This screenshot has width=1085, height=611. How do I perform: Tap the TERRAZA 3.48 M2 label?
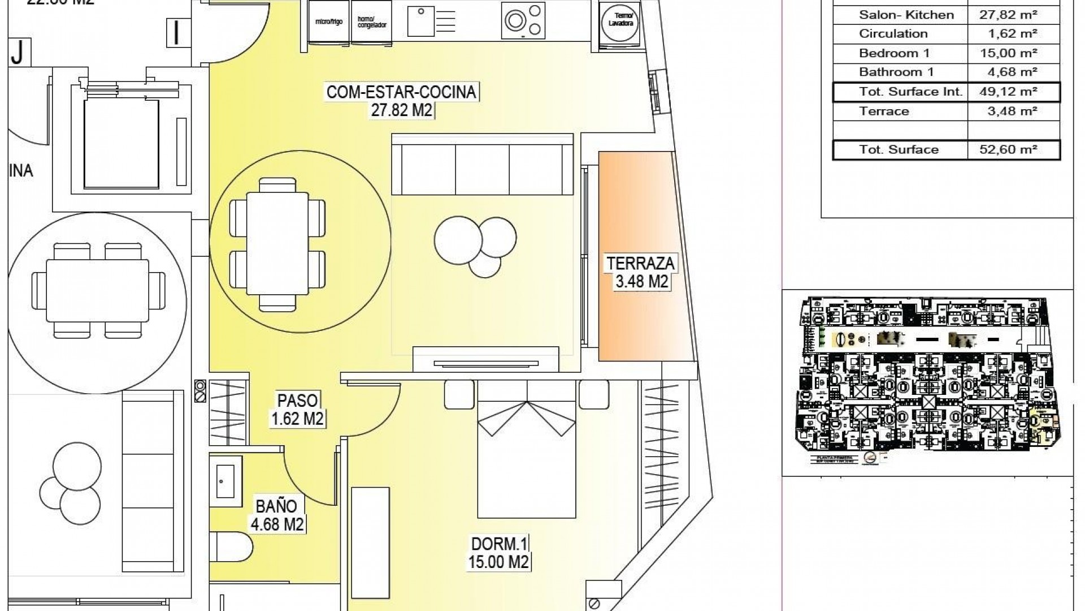click(x=641, y=272)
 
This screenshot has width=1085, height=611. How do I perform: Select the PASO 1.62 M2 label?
click(x=297, y=409)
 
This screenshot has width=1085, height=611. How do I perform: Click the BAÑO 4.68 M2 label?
click(x=277, y=514)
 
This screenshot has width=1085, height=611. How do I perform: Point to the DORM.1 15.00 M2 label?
click(x=499, y=553)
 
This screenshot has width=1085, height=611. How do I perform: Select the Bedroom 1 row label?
click(x=894, y=53)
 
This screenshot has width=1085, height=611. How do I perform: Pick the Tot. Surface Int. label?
click(x=910, y=92)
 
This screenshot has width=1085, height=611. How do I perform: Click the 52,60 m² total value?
click(x=1014, y=150)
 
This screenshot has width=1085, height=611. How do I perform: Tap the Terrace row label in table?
click(x=884, y=111)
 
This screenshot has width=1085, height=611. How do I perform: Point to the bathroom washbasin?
click(x=226, y=482)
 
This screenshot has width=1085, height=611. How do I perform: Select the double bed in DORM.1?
click(x=527, y=449)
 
